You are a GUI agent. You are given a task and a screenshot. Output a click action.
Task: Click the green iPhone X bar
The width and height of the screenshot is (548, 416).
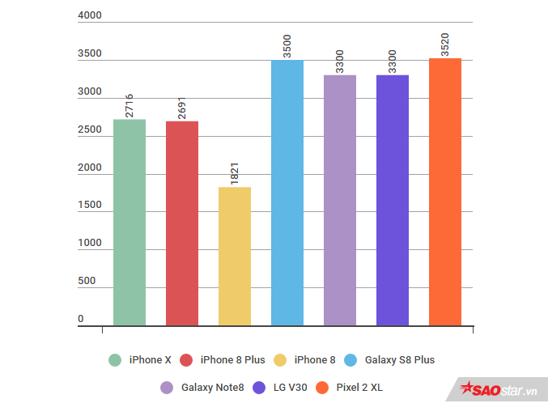click(130, 223)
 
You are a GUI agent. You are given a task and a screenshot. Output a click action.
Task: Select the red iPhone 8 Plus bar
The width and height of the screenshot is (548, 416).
click(182, 223)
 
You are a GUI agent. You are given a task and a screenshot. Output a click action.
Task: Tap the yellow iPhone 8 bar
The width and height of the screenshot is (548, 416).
click(235, 257)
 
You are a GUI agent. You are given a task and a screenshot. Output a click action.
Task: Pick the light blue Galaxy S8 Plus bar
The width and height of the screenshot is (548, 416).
click(287, 193)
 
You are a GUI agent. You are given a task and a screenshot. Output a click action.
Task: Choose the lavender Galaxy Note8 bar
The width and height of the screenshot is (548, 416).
click(340, 200)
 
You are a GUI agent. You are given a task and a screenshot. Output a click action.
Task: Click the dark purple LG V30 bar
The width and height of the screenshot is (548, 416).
click(393, 200)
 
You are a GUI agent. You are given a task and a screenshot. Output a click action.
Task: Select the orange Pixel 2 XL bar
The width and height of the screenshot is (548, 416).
click(445, 192)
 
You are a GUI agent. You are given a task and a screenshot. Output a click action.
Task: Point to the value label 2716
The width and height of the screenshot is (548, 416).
click(130, 106)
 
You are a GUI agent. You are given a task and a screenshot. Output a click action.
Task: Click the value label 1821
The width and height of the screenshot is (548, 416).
click(235, 174)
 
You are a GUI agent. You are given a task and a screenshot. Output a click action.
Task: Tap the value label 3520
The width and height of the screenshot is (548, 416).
click(445, 45)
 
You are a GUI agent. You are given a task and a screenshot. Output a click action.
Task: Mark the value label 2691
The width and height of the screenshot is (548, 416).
click(182, 108)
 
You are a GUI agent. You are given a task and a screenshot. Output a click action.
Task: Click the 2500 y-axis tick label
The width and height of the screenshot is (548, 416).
click(89, 130)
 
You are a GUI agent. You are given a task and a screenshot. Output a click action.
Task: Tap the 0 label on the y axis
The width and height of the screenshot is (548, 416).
click(81, 320)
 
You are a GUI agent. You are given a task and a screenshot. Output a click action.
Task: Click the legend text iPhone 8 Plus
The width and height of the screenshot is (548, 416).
click(232, 360)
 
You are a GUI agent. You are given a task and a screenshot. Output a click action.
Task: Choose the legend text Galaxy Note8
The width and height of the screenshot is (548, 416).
click(213, 388)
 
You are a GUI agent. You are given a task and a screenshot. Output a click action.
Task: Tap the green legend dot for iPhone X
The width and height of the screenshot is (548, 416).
click(115, 360)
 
